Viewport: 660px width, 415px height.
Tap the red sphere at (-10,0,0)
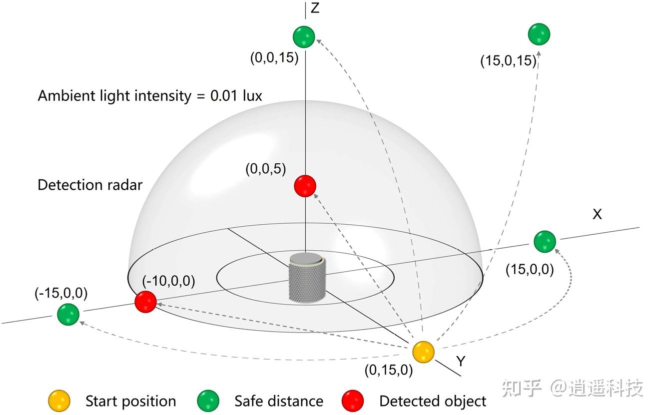146,302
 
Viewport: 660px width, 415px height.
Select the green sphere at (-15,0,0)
68,314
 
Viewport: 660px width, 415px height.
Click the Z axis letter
315,8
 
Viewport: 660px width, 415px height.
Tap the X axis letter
597,214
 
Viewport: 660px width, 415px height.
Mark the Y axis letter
461,362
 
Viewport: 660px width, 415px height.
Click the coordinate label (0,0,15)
274,58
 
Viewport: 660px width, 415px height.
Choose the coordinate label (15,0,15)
508,61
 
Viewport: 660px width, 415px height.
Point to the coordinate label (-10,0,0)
168,281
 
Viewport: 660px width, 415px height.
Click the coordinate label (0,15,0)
389,370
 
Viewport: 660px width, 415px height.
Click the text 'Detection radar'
90,185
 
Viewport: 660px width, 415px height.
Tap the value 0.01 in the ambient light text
223,95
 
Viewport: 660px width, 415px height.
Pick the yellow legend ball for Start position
59,401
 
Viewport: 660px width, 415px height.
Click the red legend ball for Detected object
353,401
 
